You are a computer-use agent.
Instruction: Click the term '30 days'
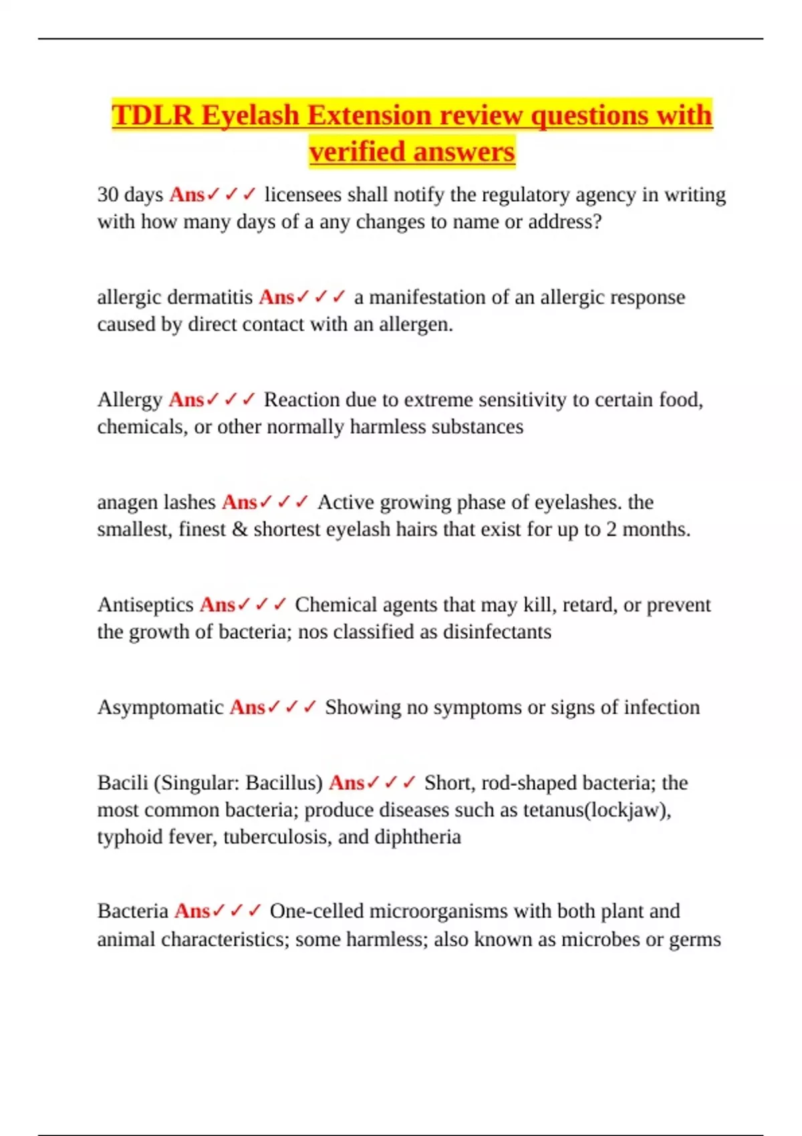tap(130, 194)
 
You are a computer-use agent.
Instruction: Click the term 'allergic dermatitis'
tap(174, 297)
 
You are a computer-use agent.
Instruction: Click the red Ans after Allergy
tap(186, 400)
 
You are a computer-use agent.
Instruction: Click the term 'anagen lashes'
tap(156, 503)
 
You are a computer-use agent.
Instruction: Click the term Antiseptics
tap(145, 605)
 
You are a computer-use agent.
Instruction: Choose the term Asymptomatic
tap(160, 708)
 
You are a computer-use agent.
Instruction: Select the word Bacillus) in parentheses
tap(284, 783)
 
